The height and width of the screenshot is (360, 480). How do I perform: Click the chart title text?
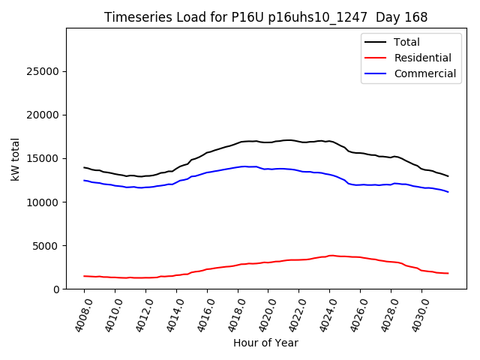266,17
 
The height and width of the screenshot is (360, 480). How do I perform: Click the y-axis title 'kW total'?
15,158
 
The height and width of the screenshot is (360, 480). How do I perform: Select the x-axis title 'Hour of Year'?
265,343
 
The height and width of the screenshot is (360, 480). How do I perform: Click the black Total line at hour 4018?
238,142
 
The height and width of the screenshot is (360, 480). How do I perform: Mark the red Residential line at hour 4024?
329,256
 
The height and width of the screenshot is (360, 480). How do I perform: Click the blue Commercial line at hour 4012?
145,187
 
